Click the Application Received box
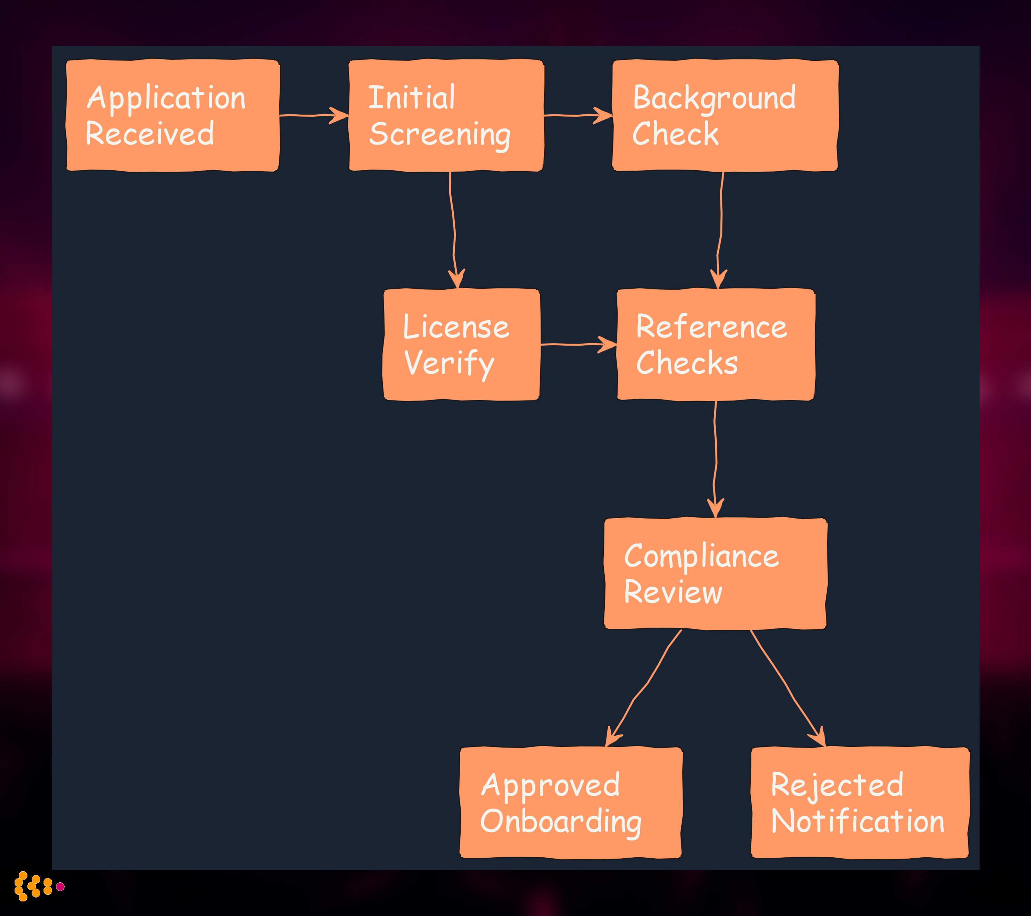coord(173,116)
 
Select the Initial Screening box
coord(446,116)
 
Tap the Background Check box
coord(725,116)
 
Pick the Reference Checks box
coord(716,345)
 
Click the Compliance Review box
coord(715,574)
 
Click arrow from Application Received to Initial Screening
coord(313,116)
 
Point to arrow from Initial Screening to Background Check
coord(578,116)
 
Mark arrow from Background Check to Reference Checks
coord(721,232)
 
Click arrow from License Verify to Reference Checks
coord(578,345)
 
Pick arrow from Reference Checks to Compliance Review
coord(716,459)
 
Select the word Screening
coord(440,135)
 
